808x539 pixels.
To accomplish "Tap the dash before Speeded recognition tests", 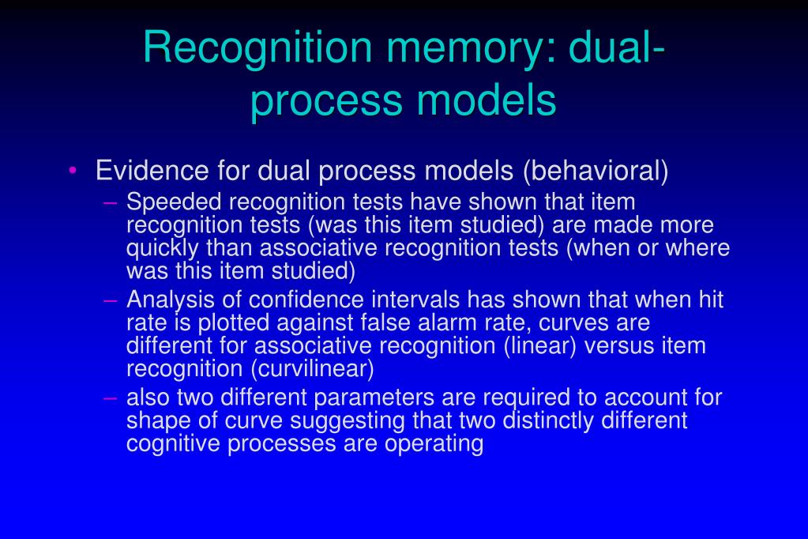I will click(111, 203).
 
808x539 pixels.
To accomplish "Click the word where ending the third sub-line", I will click(698, 248).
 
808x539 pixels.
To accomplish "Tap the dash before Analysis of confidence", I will click(111, 301).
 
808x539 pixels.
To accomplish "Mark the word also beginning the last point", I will click(148, 398).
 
